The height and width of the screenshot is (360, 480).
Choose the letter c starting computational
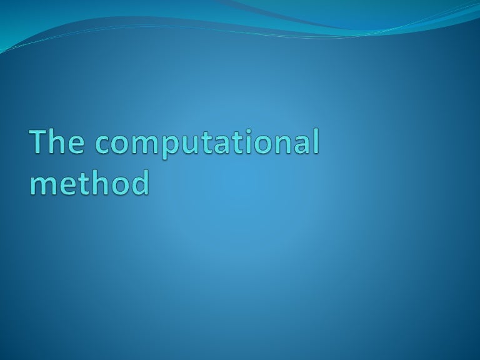pyautogui.click(x=104, y=146)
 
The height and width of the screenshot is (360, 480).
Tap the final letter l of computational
pyautogui.click(x=315, y=142)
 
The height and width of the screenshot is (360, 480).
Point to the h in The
pyautogui.click(x=60, y=142)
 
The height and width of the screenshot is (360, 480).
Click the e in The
pyautogui.click(x=79, y=146)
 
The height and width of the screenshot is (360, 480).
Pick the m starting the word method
pyautogui.click(x=42, y=186)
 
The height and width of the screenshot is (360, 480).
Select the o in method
pyautogui.click(x=119, y=186)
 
